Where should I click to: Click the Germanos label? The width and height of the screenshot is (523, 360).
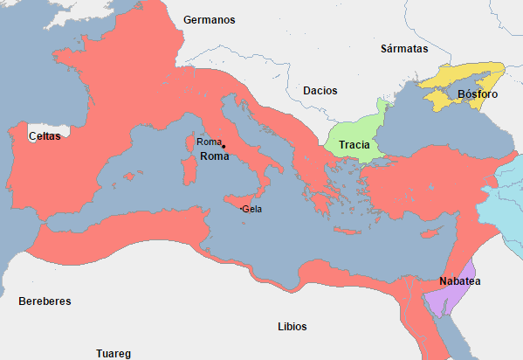click(209, 20)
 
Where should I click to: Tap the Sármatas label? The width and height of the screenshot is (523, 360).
click(404, 50)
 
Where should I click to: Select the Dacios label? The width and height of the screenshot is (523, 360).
click(320, 91)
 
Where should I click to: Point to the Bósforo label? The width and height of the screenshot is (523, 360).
click(477, 94)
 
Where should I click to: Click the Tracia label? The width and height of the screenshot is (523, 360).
click(354, 145)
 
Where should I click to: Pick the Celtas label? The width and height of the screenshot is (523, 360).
click(45, 137)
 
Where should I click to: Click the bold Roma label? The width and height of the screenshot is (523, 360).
click(215, 156)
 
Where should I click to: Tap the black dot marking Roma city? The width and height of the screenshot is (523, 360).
click(224, 146)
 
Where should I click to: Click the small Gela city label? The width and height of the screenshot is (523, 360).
click(252, 210)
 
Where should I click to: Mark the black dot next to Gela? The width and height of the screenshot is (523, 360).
click(240, 209)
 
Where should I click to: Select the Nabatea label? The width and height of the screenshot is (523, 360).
click(460, 282)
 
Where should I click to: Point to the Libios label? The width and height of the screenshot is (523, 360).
click(292, 327)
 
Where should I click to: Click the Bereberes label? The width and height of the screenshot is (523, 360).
click(45, 301)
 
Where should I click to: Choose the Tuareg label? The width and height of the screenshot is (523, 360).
click(114, 354)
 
